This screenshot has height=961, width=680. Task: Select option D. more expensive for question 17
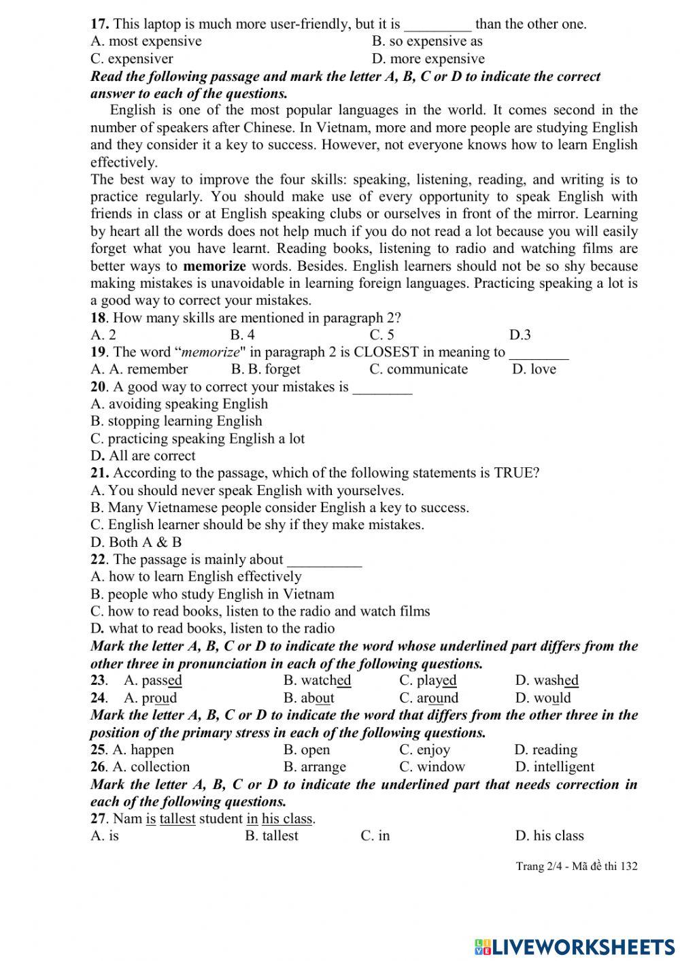[x=428, y=58]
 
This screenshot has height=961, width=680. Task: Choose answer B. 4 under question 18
[x=242, y=335]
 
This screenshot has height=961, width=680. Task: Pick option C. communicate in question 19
[x=418, y=369]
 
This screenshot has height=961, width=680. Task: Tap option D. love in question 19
[x=534, y=369]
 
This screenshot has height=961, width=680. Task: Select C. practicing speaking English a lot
[x=197, y=439]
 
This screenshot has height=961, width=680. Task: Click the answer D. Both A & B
[x=136, y=542]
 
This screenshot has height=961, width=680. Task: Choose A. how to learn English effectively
[x=196, y=577]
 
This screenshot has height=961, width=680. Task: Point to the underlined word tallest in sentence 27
[x=177, y=819]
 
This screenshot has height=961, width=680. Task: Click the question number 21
[x=99, y=473]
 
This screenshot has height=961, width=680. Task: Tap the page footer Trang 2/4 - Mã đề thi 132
[x=577, y=866]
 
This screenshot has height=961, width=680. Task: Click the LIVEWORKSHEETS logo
[x=575, y=946]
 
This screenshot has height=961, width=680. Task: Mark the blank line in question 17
[x=437, y=25]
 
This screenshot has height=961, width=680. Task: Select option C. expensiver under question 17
[x=132, y=58]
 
